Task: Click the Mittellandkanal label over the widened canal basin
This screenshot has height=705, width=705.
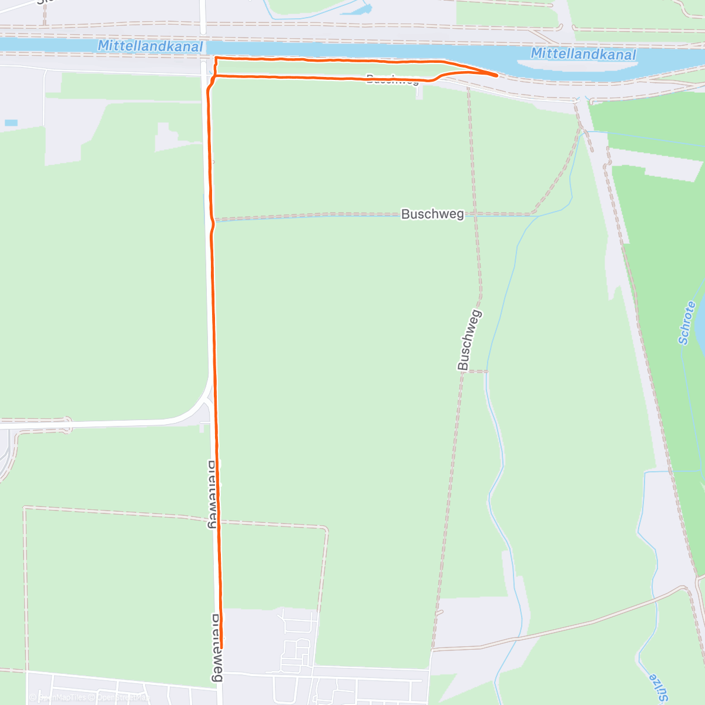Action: tap(583, 54)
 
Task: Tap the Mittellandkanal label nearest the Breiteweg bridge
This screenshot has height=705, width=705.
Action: tap(150, 46)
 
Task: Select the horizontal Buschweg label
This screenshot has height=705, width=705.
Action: tap(432, 214)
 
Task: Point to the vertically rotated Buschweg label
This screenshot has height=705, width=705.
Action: tap(470, 340)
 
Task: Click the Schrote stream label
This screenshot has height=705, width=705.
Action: tap(687, 323)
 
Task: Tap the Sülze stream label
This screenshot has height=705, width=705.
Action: tap(658, 687)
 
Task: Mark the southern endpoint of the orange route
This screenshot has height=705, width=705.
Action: tap(221, 647)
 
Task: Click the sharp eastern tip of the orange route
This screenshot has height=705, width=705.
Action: tap(498, 75)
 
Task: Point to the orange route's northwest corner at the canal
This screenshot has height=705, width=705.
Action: tap(216, 58)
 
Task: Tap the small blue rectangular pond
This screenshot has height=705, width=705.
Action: tap(11, 123)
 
